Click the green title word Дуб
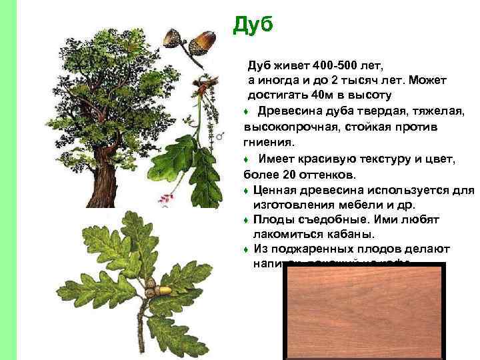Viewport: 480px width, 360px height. pyautogui.click(x=253, y=25)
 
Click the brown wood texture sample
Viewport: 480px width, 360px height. pyautogui.click(x=363, y=310)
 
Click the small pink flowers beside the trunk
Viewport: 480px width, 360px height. pyautogui.click(x=162, y=197)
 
